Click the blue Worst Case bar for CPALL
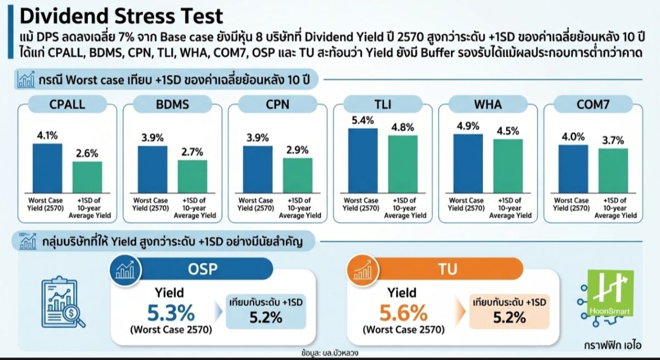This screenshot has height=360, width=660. pos(47,168)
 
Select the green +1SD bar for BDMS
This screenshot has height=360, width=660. pos(193,176)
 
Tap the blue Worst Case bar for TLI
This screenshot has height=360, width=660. pos(363,160)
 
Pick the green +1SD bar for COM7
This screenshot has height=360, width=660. pos(613,171)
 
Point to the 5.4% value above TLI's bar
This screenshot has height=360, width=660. pos(362,120)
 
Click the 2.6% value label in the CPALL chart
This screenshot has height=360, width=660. pos(87,153)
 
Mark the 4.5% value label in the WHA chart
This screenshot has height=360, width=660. pos(508,131)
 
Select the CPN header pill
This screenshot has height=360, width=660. pos(278,104)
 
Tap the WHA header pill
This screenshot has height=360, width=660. pos(488,104)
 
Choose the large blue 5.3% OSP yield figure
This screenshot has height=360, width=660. pos(171,313)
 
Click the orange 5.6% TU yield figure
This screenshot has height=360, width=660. pos(403,313)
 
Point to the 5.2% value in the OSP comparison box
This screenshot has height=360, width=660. pos(266,317)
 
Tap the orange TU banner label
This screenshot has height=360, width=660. pos(448,269)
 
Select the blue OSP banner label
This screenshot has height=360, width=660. pos(203,269)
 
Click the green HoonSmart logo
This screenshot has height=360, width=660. pos(610,293)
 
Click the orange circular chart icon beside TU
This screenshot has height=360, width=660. pos(363,270)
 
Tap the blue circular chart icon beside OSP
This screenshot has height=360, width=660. pos(125,270)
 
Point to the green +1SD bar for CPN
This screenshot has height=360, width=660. pos(298,176)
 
